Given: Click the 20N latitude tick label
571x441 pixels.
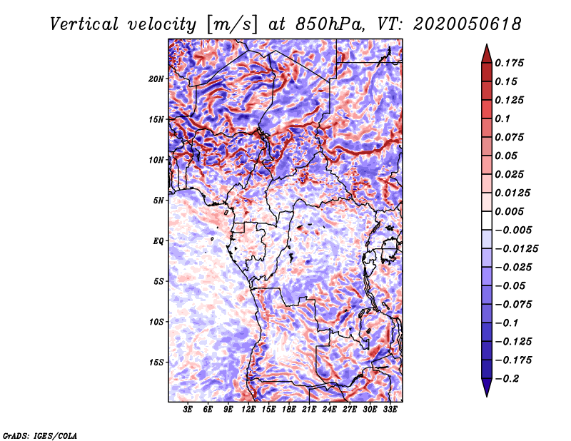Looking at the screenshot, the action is coord(156,78).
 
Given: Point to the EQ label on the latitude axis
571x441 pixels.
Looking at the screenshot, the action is coord(158,240).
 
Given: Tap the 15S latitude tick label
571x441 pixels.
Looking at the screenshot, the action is coord(156,363).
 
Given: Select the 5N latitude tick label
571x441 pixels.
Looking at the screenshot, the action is coord(158,201).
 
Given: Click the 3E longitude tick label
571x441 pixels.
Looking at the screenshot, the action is coord(188,409).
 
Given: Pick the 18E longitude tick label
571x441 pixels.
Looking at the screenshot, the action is coord(289,409).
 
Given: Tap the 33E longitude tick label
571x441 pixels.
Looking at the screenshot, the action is coord(390,409).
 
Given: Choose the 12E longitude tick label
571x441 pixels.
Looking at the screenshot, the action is coord(248,409).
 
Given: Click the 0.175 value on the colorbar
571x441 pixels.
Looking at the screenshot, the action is coord(510,63).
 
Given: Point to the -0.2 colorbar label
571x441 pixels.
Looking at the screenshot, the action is coord(507,379).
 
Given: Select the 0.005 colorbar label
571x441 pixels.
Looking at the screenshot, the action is coord(510,211).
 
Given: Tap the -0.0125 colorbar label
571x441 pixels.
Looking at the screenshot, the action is coord(516,249).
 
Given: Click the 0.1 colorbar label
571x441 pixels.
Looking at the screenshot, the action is coord(502,118).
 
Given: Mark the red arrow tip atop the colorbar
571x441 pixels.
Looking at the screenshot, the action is coord(487,44).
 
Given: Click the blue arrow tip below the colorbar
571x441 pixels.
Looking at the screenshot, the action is coord(487,396).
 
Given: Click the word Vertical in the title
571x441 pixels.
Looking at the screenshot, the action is coord(84,24).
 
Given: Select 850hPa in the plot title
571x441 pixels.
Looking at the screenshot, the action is coord(330,24).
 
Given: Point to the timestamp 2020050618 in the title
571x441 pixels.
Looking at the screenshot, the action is coord(468,24).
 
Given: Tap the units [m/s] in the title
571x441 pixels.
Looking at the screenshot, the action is coord(232,25).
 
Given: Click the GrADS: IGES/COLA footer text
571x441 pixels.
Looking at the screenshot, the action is coord(40,435).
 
